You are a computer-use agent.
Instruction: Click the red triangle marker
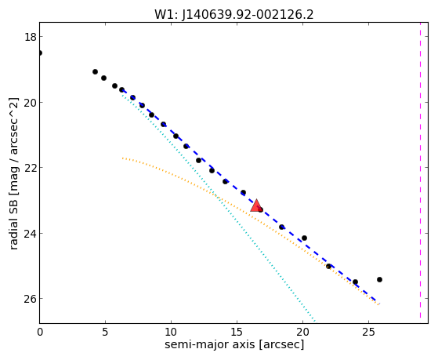tap(256, 205)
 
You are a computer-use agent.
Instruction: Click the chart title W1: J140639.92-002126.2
tap(234, 14)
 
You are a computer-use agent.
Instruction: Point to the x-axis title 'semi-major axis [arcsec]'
tap(234, 344)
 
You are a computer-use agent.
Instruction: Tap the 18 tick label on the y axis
tap(30, 37)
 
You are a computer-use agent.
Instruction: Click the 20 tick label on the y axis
tap(30, 103)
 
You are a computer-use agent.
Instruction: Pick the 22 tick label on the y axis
tap(30, 168)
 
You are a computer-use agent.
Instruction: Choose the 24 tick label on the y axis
tap(30, 234)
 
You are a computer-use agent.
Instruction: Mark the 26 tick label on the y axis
tap(30, 299)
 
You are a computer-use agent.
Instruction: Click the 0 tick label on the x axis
tap(40, 333)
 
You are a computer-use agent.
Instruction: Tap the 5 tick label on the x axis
tap(105, 333)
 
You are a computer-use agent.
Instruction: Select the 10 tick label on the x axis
tap(171, 333)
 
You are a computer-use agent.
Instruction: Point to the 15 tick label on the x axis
tap(237, 333)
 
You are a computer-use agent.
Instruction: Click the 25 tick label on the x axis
tap(368, 333)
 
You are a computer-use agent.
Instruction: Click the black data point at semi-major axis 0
tap(40, 53)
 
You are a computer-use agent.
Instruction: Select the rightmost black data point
tap(379, 279)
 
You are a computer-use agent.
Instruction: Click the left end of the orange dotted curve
tap(122, 158)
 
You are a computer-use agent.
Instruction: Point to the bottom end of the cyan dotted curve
tap(315, 321)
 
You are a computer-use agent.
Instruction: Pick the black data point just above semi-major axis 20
tap(304, 238)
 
